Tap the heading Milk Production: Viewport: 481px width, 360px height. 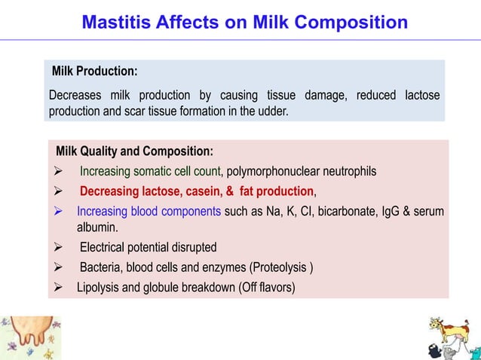click(94, 72)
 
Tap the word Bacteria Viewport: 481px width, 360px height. click(103, 267)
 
